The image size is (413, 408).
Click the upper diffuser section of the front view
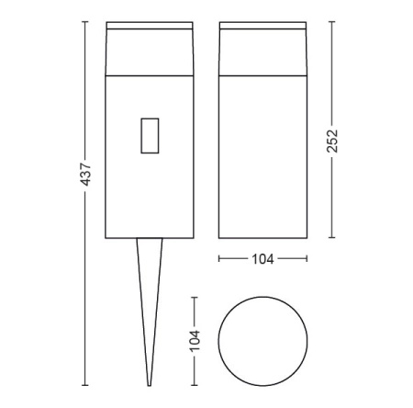[x=149, y=49]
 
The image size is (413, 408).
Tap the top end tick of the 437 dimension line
[x=84, y=20]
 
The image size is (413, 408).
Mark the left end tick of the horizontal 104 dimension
[x=220, y=259]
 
